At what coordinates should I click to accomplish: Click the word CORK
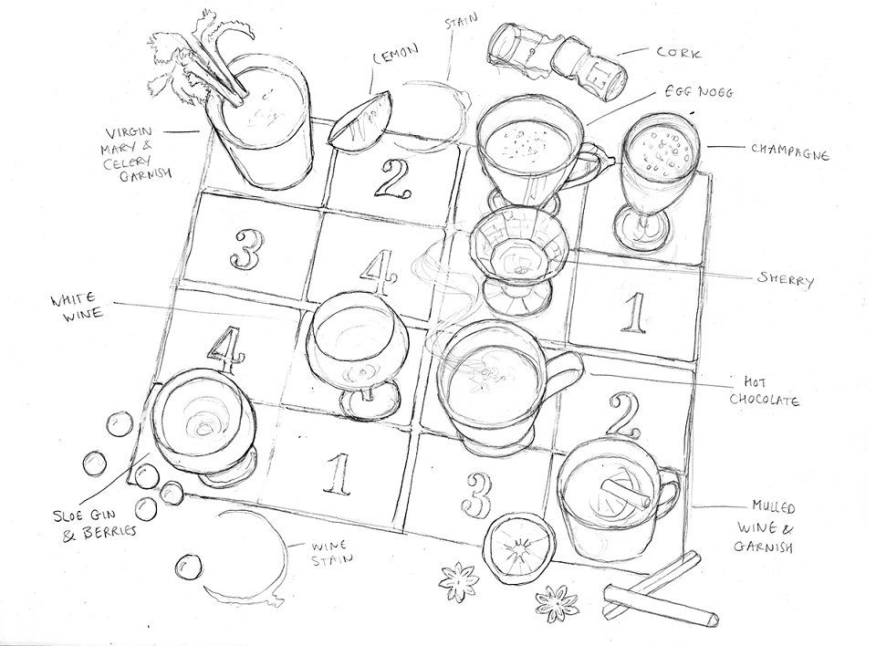[678, 53]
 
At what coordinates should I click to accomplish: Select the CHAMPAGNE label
[789, 151]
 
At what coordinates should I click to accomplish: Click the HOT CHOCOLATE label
[765, 391]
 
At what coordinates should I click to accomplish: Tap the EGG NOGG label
[698, 90]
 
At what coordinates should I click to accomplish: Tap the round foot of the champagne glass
[641, 228]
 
